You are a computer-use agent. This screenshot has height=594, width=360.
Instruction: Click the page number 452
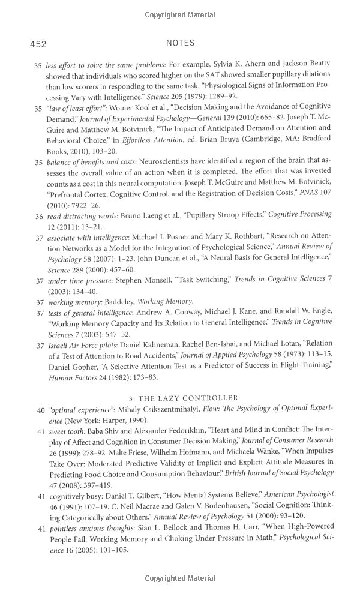pos(38,44)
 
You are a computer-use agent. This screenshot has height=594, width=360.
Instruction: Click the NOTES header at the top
pos(179,43)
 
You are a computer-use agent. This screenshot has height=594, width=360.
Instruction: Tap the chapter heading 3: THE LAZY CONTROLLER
pos(183,398)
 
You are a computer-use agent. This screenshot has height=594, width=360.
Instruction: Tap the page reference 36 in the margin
pos(38,215)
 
